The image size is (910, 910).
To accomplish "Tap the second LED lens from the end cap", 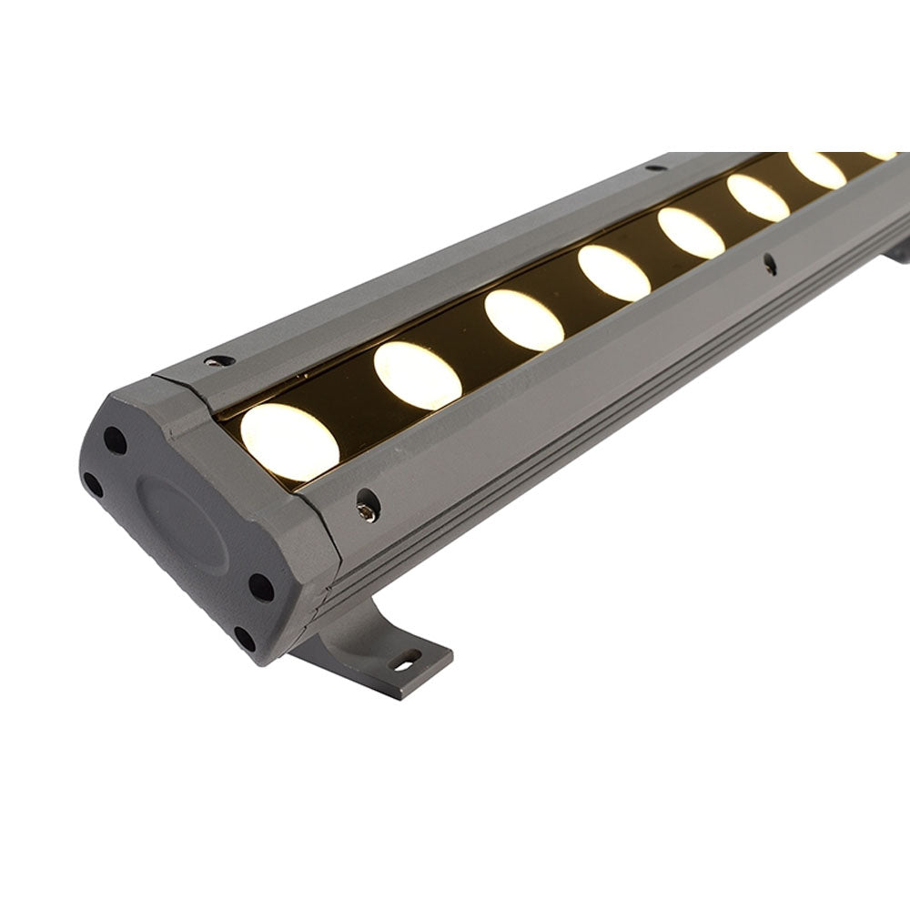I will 418,375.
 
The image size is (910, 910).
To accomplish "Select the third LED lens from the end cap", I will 523,319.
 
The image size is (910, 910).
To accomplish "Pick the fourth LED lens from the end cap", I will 613,273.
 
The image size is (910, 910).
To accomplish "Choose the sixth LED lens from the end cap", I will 757,197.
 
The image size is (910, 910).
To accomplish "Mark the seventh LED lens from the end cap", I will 816,170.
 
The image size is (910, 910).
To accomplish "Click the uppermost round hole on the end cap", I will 115,440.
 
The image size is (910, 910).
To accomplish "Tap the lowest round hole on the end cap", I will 243,638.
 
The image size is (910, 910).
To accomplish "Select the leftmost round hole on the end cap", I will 93,484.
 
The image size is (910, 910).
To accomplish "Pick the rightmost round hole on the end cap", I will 261,587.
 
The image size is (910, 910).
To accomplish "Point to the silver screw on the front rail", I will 368,511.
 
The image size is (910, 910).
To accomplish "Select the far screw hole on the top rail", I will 653,167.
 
